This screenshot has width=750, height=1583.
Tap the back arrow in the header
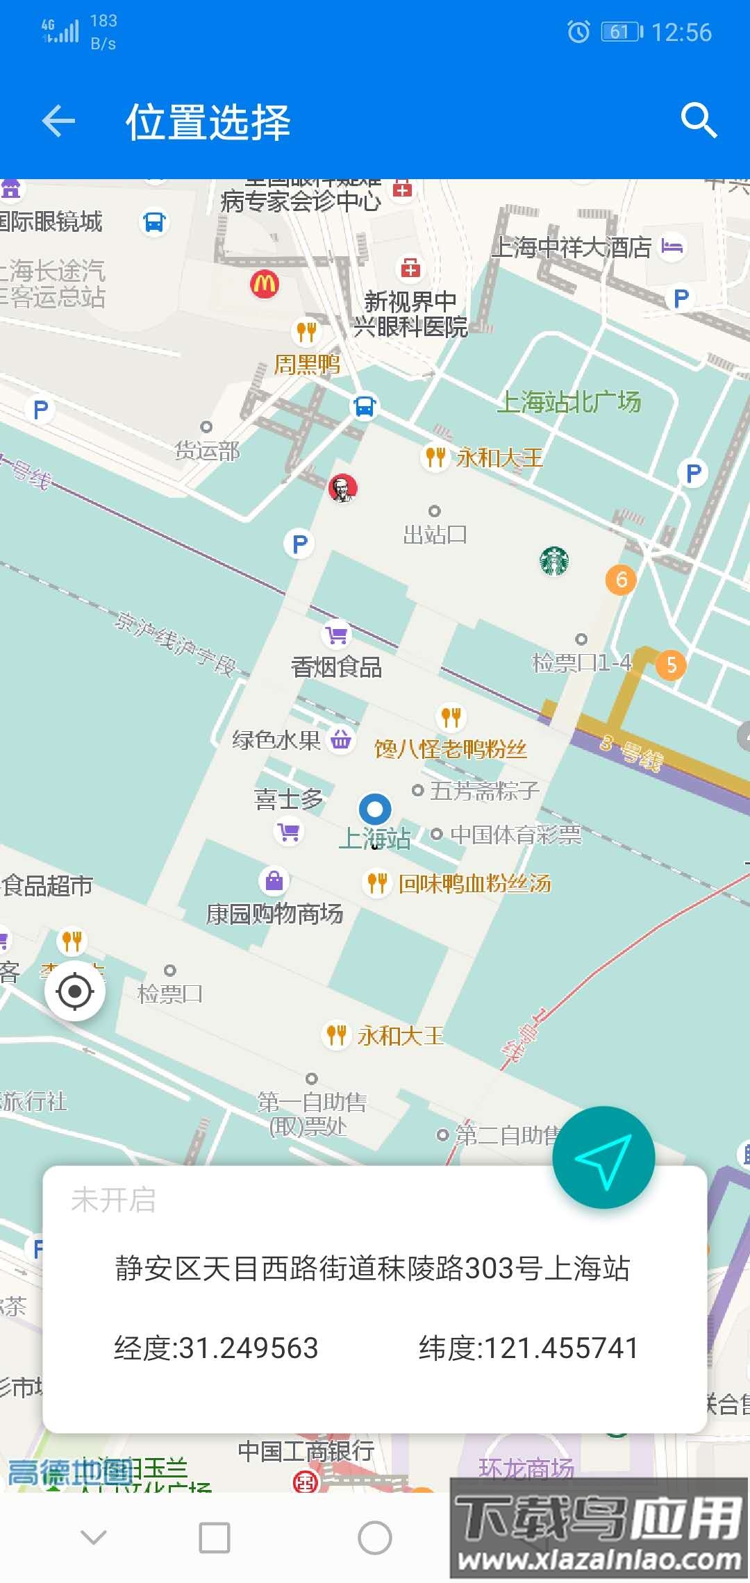[58, 122]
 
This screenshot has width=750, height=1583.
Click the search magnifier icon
[698, 121]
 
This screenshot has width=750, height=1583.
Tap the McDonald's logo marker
[265, 284]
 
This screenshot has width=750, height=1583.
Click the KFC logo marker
[342, 488]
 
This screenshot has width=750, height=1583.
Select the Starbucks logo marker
[554, 561]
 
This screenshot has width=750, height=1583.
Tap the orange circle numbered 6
[621, 579]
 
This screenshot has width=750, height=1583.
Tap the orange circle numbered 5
[671, 664]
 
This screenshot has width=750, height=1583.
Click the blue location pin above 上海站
[375, 809]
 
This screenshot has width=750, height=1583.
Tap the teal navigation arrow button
[603, 1157]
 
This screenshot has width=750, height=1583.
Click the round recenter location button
[75, 991]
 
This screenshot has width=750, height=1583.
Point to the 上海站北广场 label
[569, 401]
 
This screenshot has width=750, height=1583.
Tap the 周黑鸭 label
[307, 364]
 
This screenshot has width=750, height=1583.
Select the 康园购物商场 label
[275, 914]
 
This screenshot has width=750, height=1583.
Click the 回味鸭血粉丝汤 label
[475, 883]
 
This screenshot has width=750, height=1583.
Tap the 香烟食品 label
[337, 667]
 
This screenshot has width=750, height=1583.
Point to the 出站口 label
[435, 535]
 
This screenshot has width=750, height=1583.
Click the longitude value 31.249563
[249, 1348]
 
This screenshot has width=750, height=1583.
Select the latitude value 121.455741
[561, 1348]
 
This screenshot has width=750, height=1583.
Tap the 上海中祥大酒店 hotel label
[572, 246]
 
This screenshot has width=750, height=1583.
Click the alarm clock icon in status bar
[578, 31]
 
